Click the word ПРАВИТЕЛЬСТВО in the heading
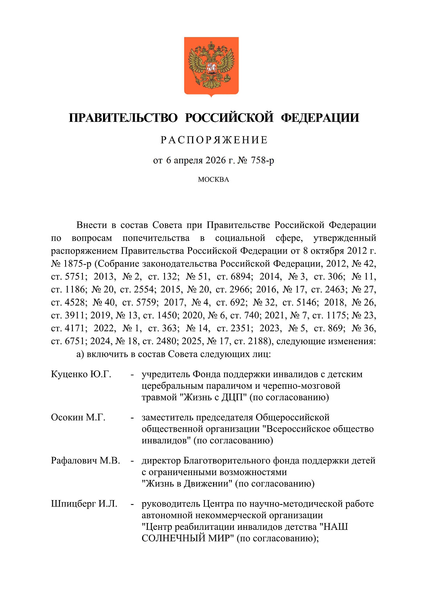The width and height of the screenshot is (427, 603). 123,118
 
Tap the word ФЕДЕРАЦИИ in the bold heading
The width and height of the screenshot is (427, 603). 320,118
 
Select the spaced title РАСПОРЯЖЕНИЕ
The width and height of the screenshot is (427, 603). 214,140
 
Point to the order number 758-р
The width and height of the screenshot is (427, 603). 262,160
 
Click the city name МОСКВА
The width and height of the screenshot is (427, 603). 213,180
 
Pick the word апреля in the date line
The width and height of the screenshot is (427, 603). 188,160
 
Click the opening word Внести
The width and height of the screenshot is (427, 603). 92,225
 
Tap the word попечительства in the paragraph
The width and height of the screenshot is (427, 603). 156,238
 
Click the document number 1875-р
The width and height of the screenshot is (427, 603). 77,264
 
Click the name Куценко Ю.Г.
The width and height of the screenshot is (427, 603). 81,374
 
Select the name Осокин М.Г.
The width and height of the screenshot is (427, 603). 78,417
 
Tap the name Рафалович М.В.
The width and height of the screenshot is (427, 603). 85,461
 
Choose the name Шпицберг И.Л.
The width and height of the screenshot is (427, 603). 84,504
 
